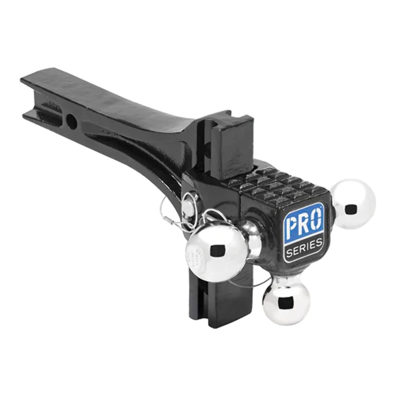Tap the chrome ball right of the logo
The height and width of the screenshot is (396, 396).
[354, 204]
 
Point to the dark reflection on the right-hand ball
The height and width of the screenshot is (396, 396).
[350, 208]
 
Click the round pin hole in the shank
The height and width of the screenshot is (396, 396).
[72, 121]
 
